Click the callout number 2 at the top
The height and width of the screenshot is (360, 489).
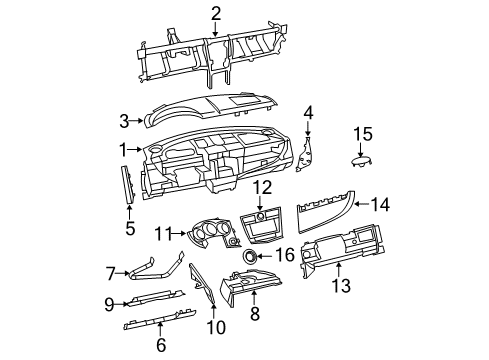tap(216, 12)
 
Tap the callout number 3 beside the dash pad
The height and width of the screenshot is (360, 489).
tap(124, 121)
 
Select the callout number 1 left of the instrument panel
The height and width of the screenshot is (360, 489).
tap(123, 149)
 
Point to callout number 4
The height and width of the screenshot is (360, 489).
tap(309, 112)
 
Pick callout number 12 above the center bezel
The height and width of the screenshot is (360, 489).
tap(261, 187)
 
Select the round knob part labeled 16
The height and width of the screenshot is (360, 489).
tap(242, 257)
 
